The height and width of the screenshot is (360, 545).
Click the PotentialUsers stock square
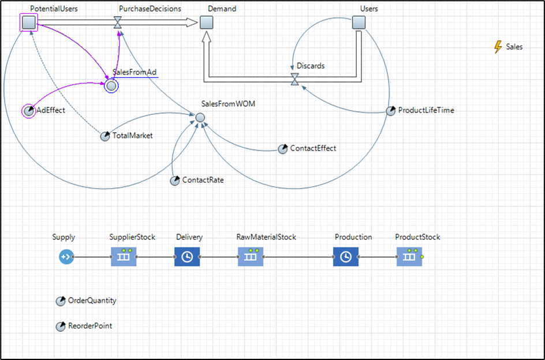point(29,22)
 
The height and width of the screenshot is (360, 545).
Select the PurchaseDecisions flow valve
point(118,22)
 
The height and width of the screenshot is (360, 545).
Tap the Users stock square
point(359,22)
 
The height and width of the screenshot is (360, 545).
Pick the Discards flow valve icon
point(295,78)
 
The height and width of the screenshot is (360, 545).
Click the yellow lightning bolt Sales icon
point(498,47)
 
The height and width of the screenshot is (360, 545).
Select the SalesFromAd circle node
point(111,86)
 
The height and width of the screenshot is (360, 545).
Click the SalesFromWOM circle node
point(200,117)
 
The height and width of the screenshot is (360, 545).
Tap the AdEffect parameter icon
point(29,111)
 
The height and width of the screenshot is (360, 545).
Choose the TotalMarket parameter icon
point(105,136)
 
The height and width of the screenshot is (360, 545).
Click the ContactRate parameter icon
point(175,181)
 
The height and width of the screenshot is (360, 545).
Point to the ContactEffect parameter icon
point(282,149)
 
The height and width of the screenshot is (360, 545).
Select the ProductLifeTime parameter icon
point(391,111)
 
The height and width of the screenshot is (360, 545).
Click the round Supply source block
point(66,257)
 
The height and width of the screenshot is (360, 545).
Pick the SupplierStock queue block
point(124,257)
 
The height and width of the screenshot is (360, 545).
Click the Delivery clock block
point(187,257)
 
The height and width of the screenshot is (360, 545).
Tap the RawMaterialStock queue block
point(251,257)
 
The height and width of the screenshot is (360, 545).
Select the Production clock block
point(345,257)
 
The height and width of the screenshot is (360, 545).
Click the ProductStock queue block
point(409,257)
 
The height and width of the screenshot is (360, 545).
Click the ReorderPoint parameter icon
point(61,327)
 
